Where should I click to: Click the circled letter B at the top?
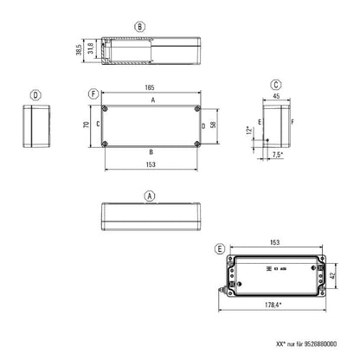pos(139,27)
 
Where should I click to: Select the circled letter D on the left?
pos(35,96)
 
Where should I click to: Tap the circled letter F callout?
pos(93,93)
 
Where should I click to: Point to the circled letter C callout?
pos(274,85)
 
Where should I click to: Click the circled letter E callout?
pos(221,249)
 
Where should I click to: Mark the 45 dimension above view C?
pos(275,98)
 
